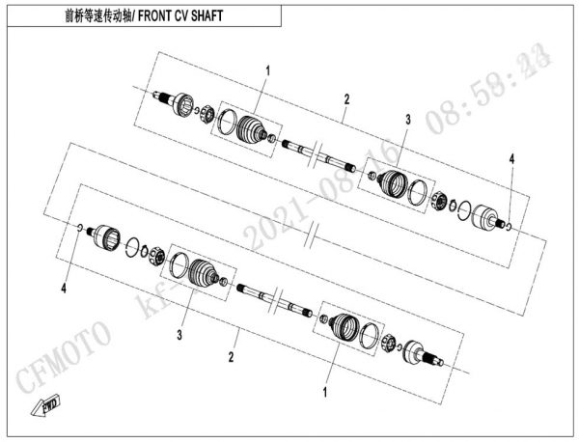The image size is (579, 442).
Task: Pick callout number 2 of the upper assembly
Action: click(x=345, y=98)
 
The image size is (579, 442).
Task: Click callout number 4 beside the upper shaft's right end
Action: click(x=512, y=157)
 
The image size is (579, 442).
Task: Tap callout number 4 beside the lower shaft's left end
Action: click(x=65, y=287)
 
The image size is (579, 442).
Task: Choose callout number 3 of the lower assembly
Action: click(x=179, y=336)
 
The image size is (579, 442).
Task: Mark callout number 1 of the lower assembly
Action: click(x=325, y=394)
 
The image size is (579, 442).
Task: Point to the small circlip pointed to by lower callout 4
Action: click(x=76, y=228)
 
